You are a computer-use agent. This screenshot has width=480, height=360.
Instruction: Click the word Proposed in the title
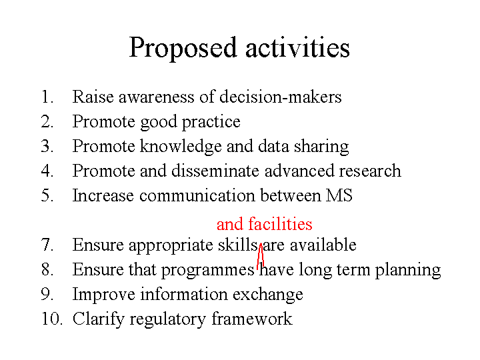pyautogui.click(x=183, y=49)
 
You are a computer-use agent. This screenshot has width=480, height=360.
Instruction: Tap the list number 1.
pyautogui.click(x=47, y=97)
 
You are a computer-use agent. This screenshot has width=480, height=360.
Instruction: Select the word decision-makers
pyautogui.click(x=281, y=97)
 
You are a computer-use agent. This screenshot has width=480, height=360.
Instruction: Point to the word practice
pyautogui.click(x=211, y=123)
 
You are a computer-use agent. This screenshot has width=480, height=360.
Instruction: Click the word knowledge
pyautogui.click(x=181, y=147)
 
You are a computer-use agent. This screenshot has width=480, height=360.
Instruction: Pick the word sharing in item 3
pyautogui.click(x=321, y=147)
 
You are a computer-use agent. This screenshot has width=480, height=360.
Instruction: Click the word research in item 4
pyautogui.click(x=370, y=171)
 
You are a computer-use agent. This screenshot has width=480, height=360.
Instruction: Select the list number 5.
pyautogui.click(x=47, y=195)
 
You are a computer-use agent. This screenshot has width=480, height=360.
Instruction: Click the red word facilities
pyautogui.click(x=280, y=223)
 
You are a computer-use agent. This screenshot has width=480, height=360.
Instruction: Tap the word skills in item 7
pyautogui.click(x=237, y=245)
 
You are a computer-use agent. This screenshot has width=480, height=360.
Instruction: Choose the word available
pyautogui.click(x=323, y=245)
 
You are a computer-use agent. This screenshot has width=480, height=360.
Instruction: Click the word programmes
pyautogui.click(x=207, y=271)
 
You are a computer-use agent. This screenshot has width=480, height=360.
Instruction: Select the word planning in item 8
pyautogui.click(x=408, y=271)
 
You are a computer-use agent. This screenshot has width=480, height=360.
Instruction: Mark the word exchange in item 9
pyautogui.click(x=268, y=295)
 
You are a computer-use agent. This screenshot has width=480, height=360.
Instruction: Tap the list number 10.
pyautogui.click(x=52, y=319)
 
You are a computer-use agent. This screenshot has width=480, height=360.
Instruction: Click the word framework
pyautogui.click(x=252, y=319)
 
